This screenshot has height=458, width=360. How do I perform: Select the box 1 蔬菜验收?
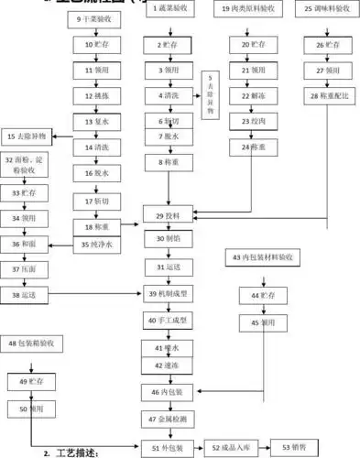point(168,8)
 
